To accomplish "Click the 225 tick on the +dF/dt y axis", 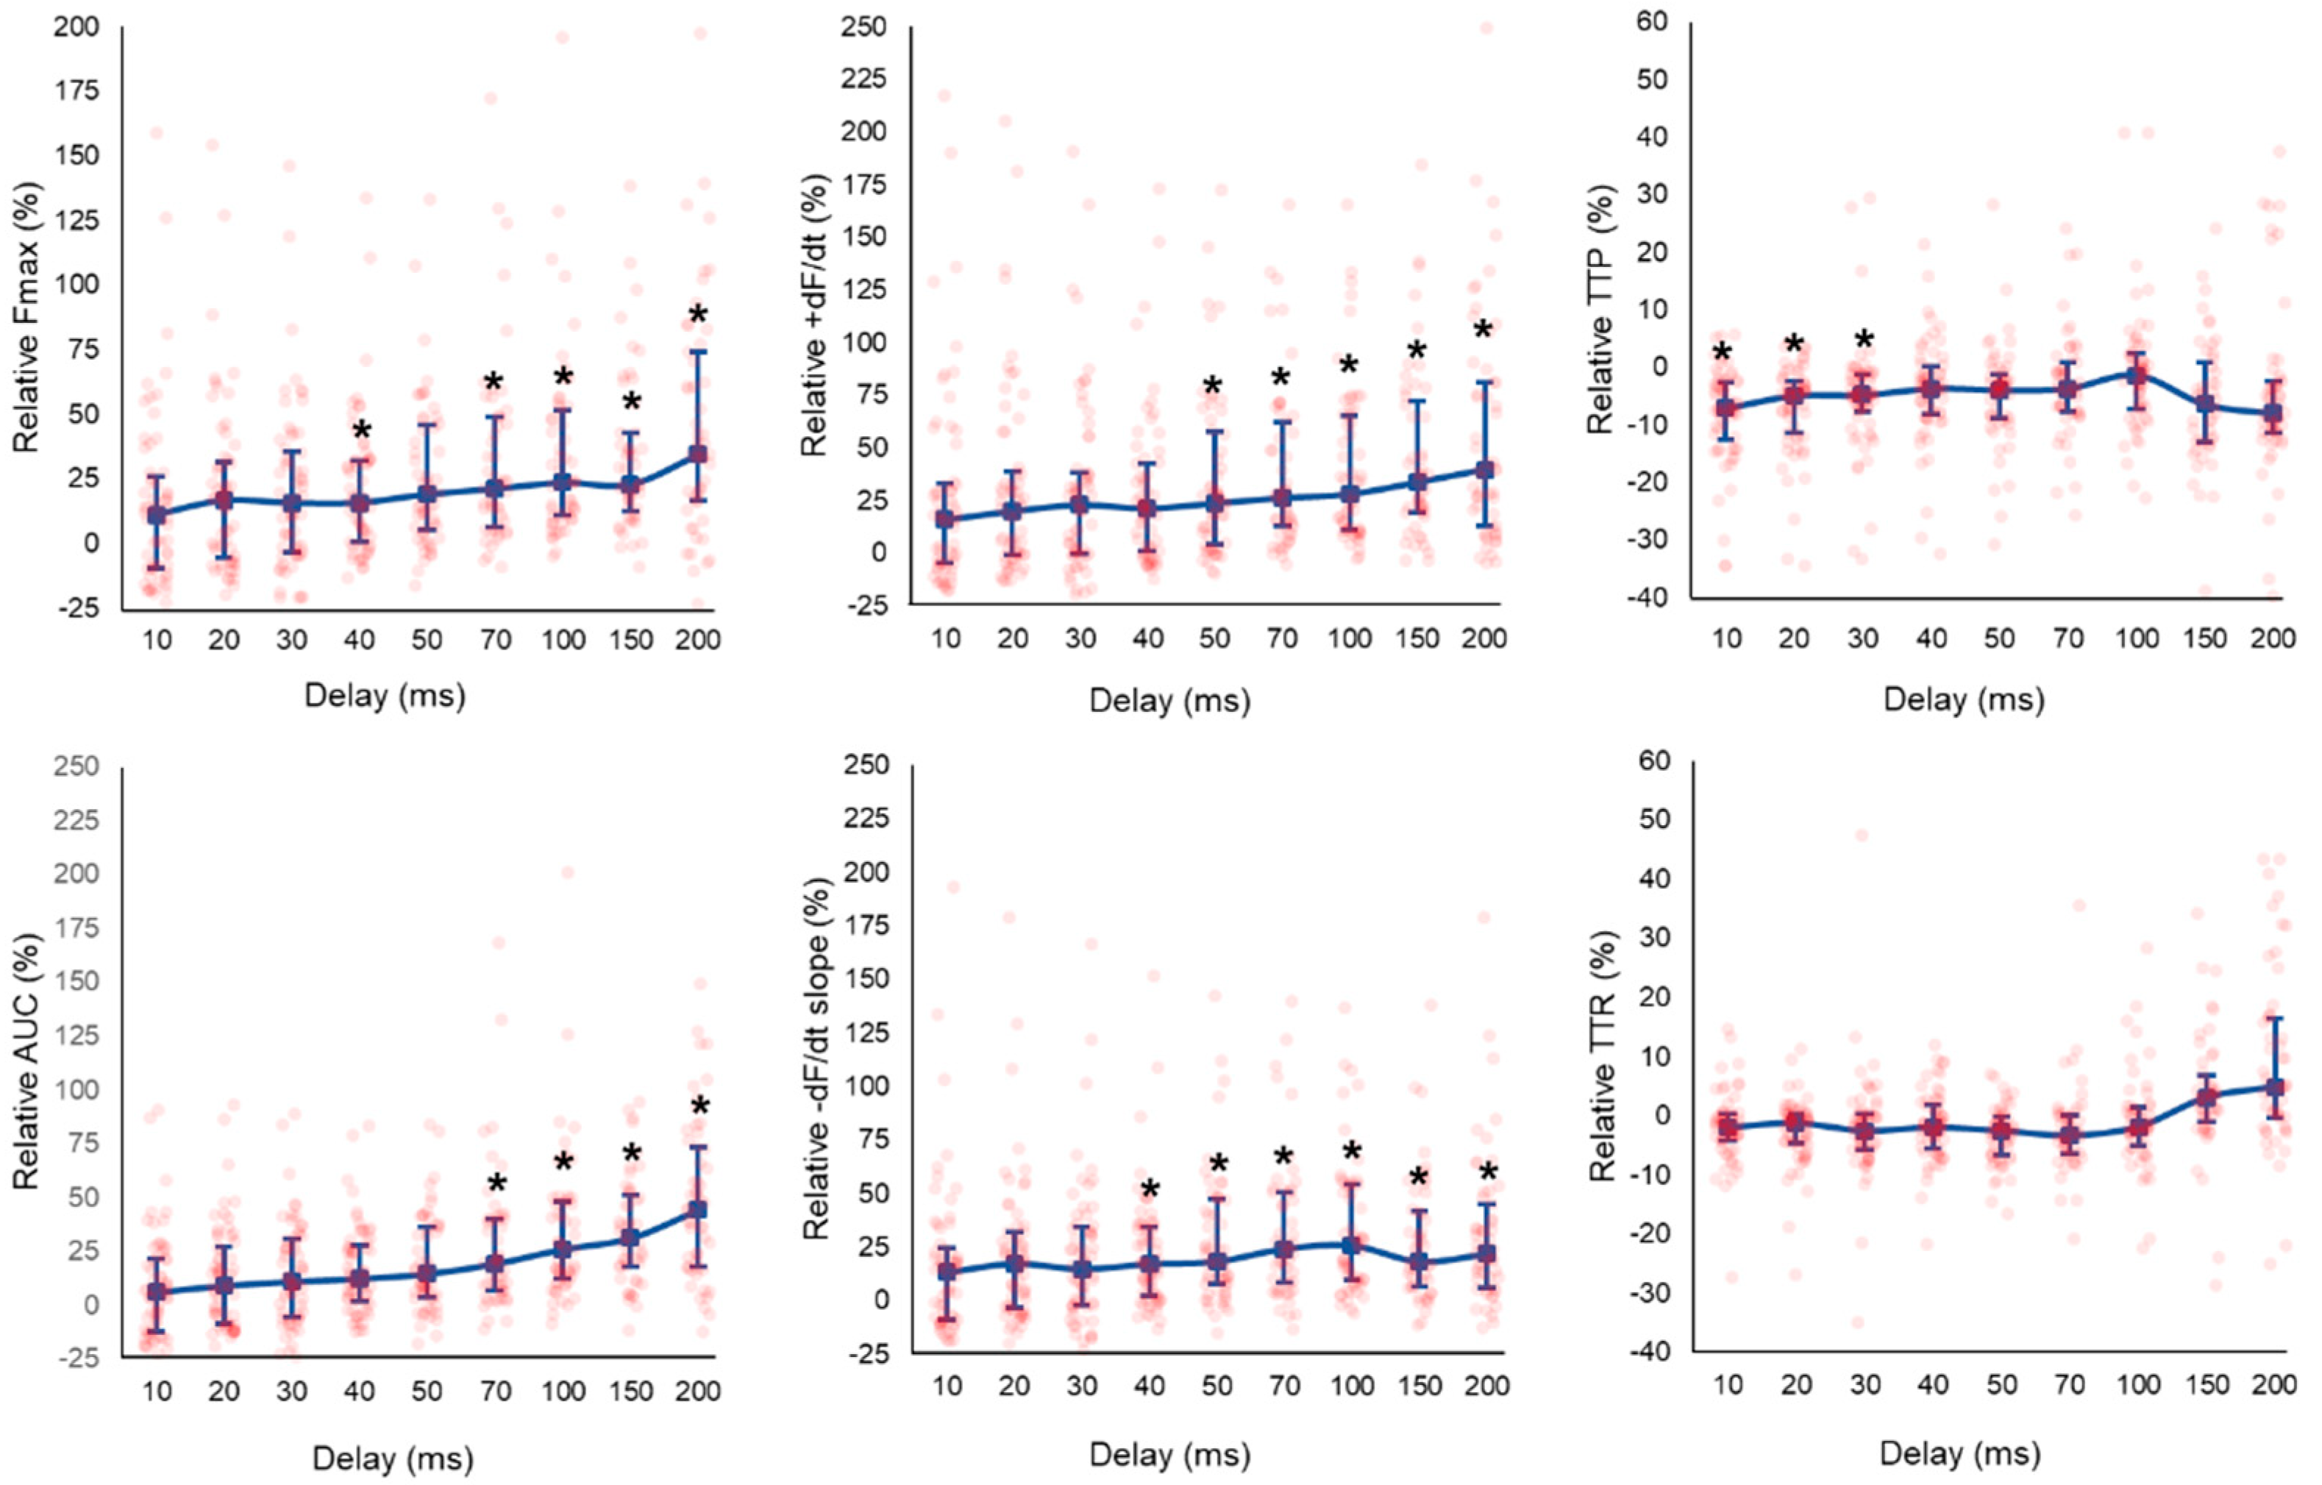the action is coord(867,77).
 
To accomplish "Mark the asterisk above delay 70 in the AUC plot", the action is coord(496,1185).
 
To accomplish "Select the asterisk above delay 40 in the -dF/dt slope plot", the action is coord(1148,1190).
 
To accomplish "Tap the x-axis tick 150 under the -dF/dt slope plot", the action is coord(1419,1386).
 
